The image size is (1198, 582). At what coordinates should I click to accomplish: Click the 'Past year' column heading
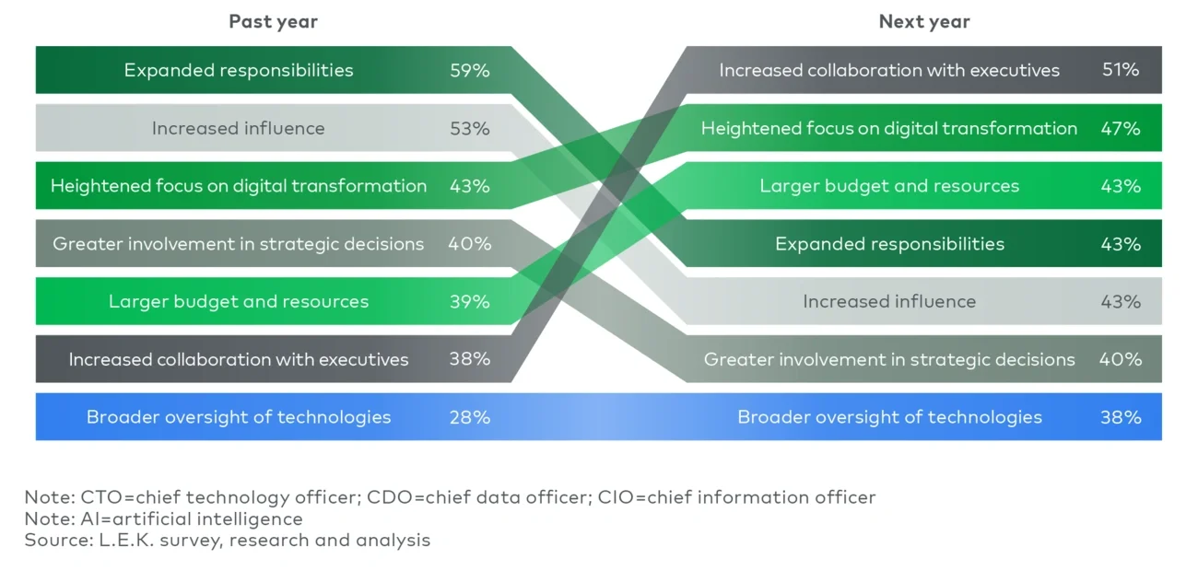273,21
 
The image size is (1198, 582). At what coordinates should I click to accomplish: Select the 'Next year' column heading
924,21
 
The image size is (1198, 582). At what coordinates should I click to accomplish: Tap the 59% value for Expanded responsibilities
469,70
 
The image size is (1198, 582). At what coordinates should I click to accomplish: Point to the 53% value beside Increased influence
469,128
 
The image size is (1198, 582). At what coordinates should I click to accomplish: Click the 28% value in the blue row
469,417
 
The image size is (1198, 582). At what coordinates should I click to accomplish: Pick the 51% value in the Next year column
1121,70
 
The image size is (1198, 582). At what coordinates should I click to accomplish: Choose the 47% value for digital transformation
1121,128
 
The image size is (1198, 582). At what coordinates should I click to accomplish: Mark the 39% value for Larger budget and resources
469,301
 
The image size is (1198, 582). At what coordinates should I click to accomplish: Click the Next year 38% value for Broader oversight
1121,417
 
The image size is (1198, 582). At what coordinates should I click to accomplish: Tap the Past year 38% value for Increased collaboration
469,359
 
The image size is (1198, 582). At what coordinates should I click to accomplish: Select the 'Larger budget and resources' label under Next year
889,186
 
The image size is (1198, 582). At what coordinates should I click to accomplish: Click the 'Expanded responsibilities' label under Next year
889,244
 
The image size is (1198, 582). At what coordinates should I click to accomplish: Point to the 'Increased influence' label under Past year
238,128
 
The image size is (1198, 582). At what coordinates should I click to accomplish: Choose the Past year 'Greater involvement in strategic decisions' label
238,244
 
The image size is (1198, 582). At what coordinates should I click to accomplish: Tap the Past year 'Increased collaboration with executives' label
238,359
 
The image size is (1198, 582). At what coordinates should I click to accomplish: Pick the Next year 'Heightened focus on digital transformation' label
888,128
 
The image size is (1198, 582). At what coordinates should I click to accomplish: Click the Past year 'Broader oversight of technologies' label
238,417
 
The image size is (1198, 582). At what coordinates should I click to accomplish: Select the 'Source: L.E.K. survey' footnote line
227,540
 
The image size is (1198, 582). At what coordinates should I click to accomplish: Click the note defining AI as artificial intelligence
163,518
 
